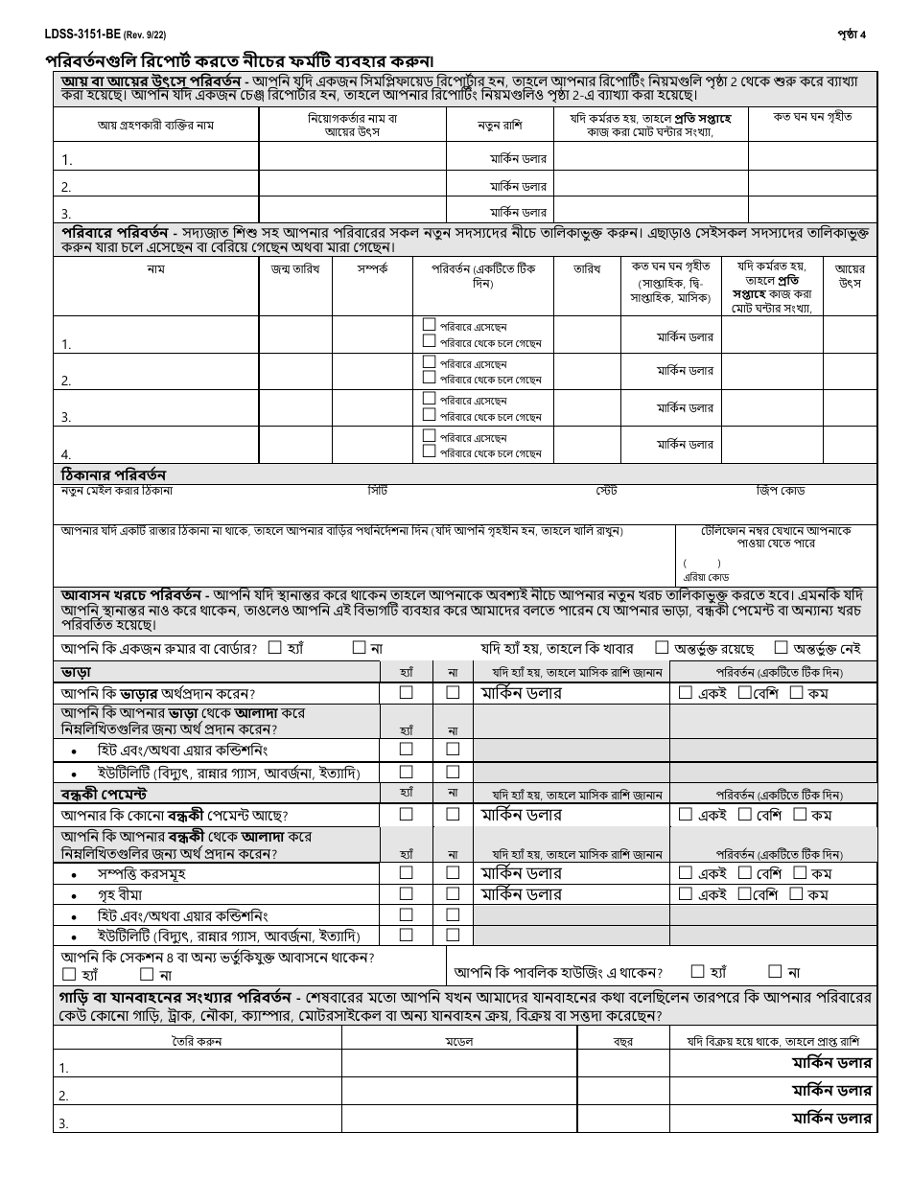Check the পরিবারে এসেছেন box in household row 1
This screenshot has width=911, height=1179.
tap(429, 326)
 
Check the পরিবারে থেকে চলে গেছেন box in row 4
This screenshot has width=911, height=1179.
tap(429, 451)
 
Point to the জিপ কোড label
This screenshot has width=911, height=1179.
tap(780, 491)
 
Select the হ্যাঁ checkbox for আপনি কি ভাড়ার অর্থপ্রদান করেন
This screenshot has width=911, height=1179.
tap(407, 692)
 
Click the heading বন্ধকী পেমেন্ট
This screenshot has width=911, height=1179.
tap(104, 794)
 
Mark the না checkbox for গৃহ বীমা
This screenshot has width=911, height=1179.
tap(453, 893)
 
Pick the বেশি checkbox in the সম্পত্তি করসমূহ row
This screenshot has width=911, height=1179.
tap(745, 872)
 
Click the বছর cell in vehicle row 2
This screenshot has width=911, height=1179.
tap(622, 1094)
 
